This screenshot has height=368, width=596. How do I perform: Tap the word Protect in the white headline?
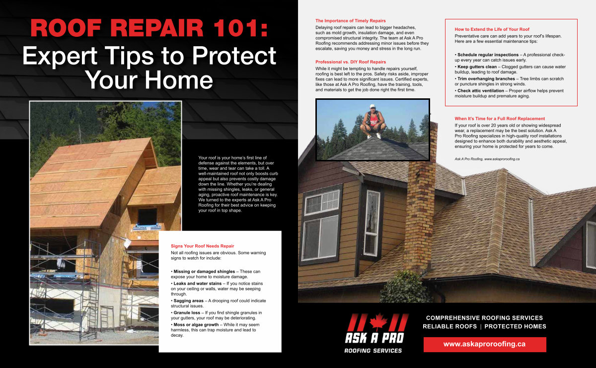(234, 56)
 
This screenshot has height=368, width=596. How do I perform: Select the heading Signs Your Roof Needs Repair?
(203, 246)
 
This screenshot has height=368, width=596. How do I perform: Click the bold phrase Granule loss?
(187, 313)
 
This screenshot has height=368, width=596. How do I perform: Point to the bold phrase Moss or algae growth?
(196, 325)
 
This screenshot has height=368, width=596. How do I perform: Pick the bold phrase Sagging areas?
(188, 300)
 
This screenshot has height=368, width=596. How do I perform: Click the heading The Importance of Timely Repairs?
(351, 21)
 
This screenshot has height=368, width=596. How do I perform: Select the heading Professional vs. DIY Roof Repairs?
(351, 62)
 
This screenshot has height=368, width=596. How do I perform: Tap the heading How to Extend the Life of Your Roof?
(492, 29)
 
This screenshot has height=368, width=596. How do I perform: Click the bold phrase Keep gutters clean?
(477, 67)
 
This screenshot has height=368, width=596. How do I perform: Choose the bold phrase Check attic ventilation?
(481, 91)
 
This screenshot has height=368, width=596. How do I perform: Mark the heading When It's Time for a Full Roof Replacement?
(500, 119)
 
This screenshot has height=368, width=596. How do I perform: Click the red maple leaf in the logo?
(378, 321)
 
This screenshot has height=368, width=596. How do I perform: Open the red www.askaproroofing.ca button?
(485, 344)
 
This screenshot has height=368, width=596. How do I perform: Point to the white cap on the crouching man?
(372, 106)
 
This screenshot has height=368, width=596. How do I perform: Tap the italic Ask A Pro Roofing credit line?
(487, 159)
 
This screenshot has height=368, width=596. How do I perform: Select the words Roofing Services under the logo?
(373, 351)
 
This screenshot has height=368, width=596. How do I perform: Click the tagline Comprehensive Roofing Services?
(484, 318)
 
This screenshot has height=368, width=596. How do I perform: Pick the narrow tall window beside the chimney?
(372, 223)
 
